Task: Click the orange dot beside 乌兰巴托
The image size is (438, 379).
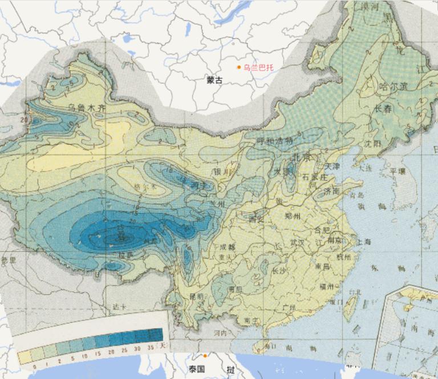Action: point(239,67)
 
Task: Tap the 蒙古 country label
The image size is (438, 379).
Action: point(215,81)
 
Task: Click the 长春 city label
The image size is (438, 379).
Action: point(383,109)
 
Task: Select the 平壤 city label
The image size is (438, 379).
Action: point(397,171)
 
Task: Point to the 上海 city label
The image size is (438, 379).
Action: point(364,242)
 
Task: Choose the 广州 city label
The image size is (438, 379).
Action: point(289,308)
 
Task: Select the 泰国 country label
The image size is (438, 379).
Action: point(198,369)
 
